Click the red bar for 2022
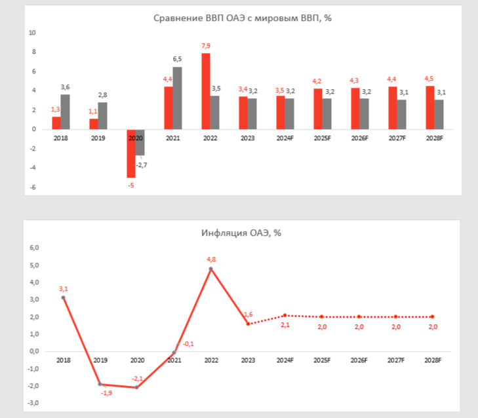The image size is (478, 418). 205,91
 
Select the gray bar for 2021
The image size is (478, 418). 177,98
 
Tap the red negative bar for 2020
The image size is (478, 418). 130,153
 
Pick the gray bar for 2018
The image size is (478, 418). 65,112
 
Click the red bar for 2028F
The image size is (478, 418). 429,107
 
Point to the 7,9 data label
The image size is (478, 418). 205,46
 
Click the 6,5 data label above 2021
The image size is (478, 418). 177,60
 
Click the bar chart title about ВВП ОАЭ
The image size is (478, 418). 243,18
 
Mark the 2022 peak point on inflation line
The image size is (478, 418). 211,269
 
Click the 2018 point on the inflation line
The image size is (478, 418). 64,297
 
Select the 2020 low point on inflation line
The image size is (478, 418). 137,387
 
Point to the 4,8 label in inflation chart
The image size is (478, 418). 211,259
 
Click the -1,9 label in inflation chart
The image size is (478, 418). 106,393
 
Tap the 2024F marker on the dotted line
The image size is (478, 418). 285,316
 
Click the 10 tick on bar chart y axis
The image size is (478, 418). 32,33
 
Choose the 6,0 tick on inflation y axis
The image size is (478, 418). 34,248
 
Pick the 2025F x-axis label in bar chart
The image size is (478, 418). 322,138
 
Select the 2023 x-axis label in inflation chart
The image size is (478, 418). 248,360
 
